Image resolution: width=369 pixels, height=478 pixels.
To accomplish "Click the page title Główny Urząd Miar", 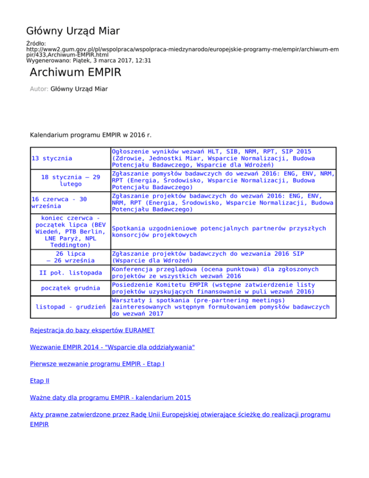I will point(73,32).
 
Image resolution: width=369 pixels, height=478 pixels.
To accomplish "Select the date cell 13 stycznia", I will point(52,158).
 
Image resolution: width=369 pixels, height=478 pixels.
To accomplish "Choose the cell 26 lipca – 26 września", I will point(70,257).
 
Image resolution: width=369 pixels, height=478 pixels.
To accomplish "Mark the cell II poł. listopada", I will point(70,273).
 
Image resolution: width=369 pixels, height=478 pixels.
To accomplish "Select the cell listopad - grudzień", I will point(71,306).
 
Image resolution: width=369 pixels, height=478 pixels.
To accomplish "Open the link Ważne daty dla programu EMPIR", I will point(110,398).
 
